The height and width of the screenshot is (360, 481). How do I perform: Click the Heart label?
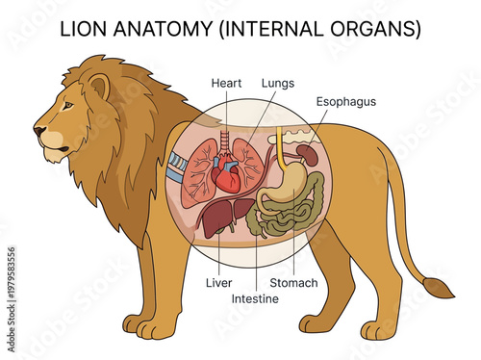coord(227,84)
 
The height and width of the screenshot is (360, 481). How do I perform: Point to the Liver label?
coord(219,283)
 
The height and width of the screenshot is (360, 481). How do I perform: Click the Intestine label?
coord(256,299)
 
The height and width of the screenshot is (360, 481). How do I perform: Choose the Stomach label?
coord(294,283)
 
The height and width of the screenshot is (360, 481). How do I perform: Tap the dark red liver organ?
coord(219,218)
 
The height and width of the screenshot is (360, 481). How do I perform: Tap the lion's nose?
coord(38,126)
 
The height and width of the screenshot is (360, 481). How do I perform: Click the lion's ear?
coord(97,88)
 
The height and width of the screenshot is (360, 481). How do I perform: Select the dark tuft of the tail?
coord(442,286)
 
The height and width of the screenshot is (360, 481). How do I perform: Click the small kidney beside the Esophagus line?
coord(305,151)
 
